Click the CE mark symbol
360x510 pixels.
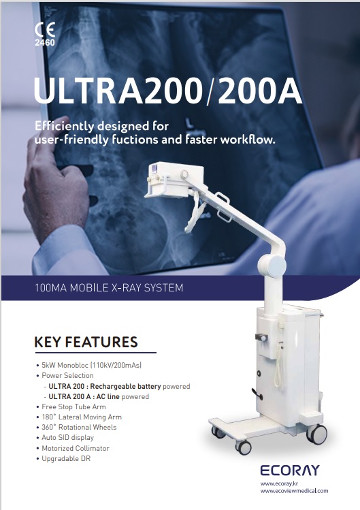pyautogui.click(x=45, y=29)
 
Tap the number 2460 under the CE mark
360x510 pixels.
pyautogui.click(x=45, y=42)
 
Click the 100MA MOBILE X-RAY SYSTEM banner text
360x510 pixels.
pyautogui.click(x=109, y=288)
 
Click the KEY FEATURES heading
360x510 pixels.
pyautogui.click(x=86, y=342)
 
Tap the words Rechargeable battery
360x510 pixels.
pyautogui.click(x=125, y=386)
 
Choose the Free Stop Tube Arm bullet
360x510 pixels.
pyautogui.click(x=71, y=407)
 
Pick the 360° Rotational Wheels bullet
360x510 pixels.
pyautogui.click(x=76, y=427)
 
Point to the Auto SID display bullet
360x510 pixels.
pyautogui.click(x=65, y=437)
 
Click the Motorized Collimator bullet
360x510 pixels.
pyautogui.click(x=73, y=448)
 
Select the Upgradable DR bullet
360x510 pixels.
pyautogui.click(x=64, y=459)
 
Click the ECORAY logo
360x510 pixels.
pyautogui.click(x=290, y=471)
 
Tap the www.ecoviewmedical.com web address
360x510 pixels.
pyautogui.click(x=294, y=491)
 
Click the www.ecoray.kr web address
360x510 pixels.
pyautogui.click(x=279, y=483)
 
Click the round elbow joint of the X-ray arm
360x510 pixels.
pyautogui.click(x=272, y=266)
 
